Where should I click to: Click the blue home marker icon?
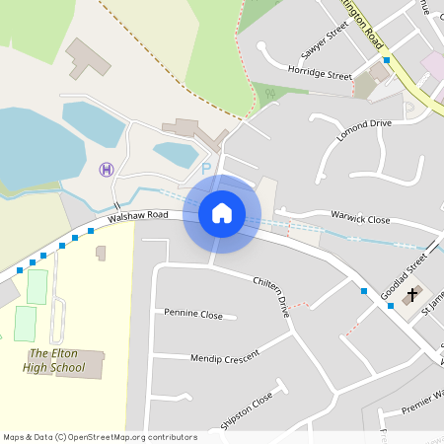pos(222,212)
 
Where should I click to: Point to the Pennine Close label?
pos(194,313)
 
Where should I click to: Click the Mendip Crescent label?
pos(225,355)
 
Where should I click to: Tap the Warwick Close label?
pos(360,219)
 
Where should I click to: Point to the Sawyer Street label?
pos(326,43)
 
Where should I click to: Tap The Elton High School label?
pos(56,360)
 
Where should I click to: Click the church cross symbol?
pos(413,293)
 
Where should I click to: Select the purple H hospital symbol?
pos(107,169)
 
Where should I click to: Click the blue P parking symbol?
pos(206,169)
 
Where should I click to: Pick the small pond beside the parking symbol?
pos(175,154)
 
